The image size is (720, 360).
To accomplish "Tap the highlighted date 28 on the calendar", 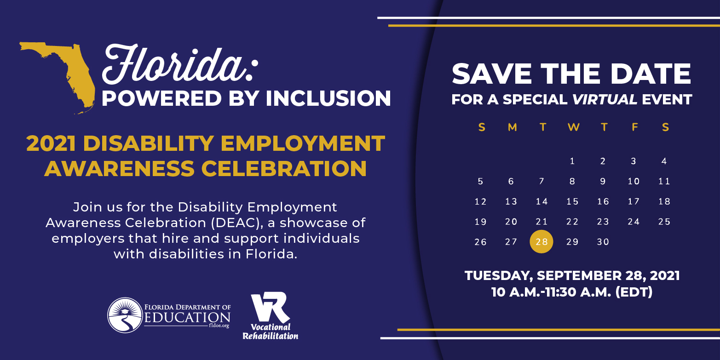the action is [541, 241].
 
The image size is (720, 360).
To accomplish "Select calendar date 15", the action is [572, 201].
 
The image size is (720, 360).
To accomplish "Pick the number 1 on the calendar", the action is [572, 161].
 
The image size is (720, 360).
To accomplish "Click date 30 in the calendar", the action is [603, 242].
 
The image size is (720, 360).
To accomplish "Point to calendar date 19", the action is [480, 222].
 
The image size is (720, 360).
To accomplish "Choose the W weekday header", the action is [574, 127].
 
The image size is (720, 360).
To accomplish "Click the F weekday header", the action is [635, 127].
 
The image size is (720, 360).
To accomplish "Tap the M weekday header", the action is [513, 127].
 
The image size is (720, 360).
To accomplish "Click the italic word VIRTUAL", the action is [605, 99].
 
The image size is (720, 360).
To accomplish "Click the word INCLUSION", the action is [328, 98].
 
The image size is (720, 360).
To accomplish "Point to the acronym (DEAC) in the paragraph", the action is [237, 223].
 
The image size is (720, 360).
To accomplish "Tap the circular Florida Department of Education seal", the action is [125, 315].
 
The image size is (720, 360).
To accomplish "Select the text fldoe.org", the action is [219, 326].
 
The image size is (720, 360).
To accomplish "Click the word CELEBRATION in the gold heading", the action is [284, 168].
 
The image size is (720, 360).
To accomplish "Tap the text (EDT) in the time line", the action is [634, 292].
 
